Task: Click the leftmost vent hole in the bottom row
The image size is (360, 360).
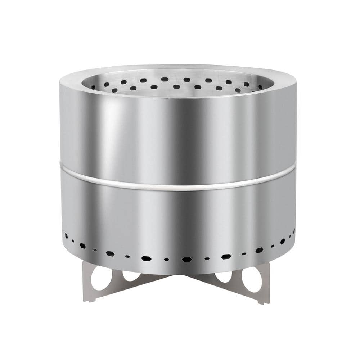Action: point(66,236)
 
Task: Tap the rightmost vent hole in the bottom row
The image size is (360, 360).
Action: point(294,231)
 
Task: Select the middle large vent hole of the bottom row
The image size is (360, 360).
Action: point(186,259)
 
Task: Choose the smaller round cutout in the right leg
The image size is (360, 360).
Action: point(224,276)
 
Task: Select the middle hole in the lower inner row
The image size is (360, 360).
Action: point(176,86)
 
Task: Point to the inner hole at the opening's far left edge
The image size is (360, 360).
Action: point(93,87)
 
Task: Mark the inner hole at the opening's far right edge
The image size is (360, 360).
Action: point(261,87)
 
